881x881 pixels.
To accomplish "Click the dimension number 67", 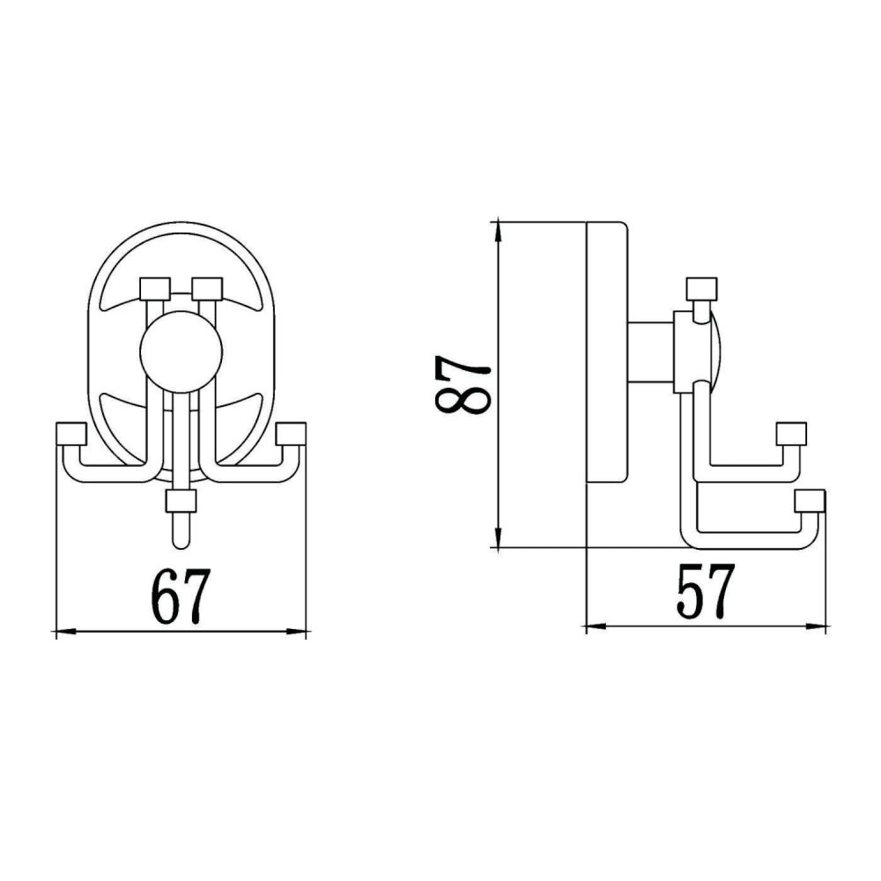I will [x=181, y=596].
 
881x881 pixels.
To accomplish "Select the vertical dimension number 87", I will [x=462, y=384].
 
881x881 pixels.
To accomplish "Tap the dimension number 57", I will [x=705, y=592].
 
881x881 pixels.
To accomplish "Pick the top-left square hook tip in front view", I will [x=154, y=288].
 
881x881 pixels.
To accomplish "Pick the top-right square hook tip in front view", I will [x=207, y=288].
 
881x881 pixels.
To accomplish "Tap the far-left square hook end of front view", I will [x=70, y=433].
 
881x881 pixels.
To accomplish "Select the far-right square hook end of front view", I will [x=290, y=433].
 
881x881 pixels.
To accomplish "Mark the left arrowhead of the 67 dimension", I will [x=62, y=631].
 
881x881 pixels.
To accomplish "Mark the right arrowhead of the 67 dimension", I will [x=299, y=631].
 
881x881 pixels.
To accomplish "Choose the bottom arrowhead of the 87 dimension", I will [x=499, y=539].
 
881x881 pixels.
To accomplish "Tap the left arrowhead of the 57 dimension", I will [x=594, y=626].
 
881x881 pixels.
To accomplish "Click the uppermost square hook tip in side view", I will [x=701, y=288].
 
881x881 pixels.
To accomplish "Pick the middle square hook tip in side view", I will [x=790, y=433].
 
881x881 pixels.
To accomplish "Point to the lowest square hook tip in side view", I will [x=809, y=500].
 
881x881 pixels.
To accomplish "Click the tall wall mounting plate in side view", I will [x=607, y=352].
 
